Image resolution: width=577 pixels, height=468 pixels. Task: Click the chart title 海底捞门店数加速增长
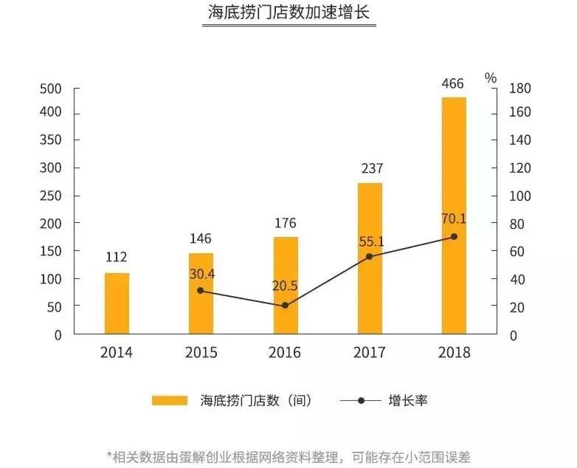coord(288,14)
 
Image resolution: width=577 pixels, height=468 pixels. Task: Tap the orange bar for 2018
coord(454,216)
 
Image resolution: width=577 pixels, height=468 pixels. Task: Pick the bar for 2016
coord(286,285)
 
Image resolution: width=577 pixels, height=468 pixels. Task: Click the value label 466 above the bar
coord(453,83)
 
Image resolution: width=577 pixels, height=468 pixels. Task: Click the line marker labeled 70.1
coord(454,237)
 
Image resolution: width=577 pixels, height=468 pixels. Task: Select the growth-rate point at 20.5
coord(286,305)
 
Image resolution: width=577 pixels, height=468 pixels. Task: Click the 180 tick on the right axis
coord(519,89)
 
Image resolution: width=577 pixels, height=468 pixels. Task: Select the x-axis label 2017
coord(370,353)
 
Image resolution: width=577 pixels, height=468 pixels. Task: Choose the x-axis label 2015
coord(201,353)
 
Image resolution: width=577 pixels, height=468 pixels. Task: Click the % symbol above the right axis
coord(491,78)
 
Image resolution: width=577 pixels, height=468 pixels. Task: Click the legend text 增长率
coord(408,401)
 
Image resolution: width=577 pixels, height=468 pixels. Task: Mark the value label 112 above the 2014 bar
coord(117,258)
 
